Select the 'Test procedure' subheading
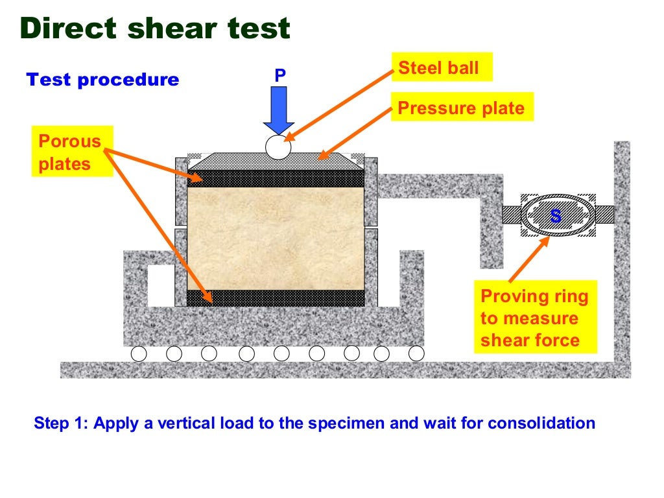click(102, 80)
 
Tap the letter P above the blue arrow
click(279, 75)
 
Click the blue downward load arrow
click(279, 110)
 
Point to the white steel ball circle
click(278, 147)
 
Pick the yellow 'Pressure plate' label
click(461, 108)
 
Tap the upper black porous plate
click(275, 178)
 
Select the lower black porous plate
click(275, 298)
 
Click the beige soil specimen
click(275, 237)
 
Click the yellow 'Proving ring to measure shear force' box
click(534, 318)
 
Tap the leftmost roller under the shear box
click(138, 353)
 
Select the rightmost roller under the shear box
click(416, 353)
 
